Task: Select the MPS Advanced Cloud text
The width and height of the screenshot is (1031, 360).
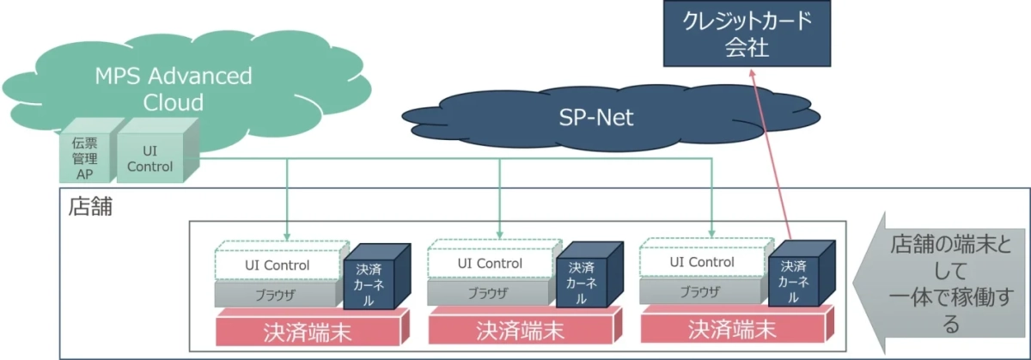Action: click(x=174, y=88)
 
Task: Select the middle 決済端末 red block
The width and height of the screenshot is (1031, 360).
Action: click(x=520, y=328)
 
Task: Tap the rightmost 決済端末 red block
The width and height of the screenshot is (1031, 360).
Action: click(x=733, y=328)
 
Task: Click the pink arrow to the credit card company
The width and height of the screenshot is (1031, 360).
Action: click(x=770, y=155)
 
